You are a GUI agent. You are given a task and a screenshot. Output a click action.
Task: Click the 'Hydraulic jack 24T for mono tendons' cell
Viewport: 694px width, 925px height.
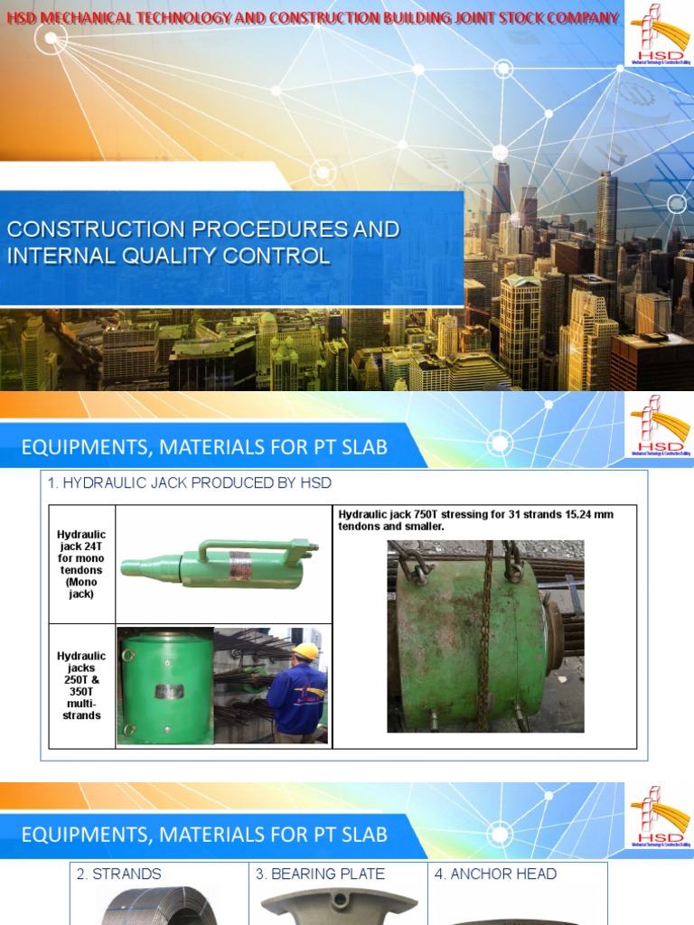click(81, 565)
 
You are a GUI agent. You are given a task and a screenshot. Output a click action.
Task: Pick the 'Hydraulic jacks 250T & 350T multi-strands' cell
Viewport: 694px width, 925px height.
click(81, 686)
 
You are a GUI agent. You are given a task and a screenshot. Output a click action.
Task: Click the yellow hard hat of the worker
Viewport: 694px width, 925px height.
click(306, 651)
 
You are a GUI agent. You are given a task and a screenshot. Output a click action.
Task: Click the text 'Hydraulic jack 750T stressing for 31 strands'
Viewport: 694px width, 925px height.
click(475, 515)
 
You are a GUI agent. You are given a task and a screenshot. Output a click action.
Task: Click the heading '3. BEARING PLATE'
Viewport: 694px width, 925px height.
click(320, 874)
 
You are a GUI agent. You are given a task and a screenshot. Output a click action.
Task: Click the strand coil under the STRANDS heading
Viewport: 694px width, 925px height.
click(158, 907)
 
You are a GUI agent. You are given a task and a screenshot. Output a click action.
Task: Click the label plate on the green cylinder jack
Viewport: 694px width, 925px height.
click(166, 691)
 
